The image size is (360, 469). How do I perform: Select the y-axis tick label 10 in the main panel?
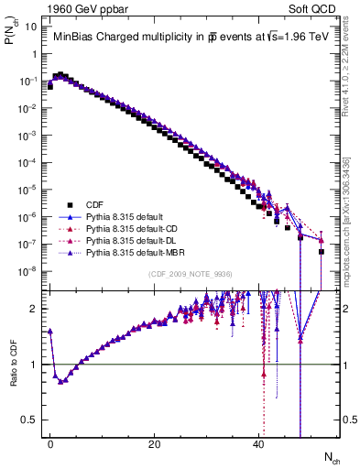(x=31, y=27)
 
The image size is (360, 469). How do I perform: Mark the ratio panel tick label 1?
(x=32, y=365)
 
